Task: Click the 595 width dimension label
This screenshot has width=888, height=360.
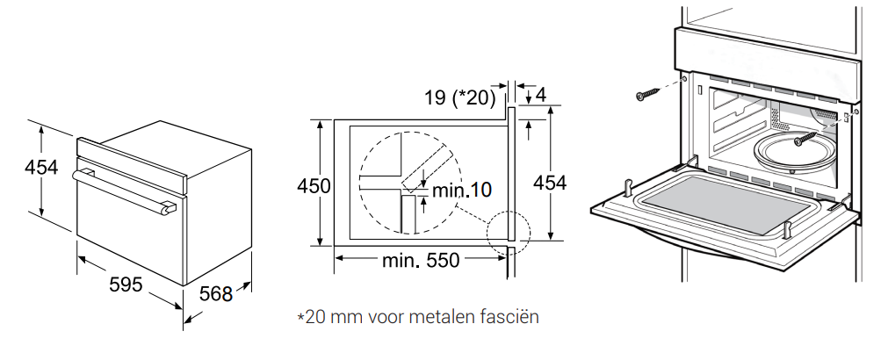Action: tap(125, 284)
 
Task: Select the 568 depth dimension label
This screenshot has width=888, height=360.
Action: tap(216, 294)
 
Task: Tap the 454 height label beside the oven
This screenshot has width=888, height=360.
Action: tap(41, 168)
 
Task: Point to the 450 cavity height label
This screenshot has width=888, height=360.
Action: tap(314, 185)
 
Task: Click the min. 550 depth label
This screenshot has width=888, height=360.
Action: tap(421, 261)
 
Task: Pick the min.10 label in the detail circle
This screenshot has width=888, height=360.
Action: tap(461, 191)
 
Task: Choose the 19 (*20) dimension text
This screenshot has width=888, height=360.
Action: tap(460, 97)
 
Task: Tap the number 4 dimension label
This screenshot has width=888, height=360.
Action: tap(541, 95)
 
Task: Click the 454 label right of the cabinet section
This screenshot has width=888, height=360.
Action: tap(549, 183)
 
